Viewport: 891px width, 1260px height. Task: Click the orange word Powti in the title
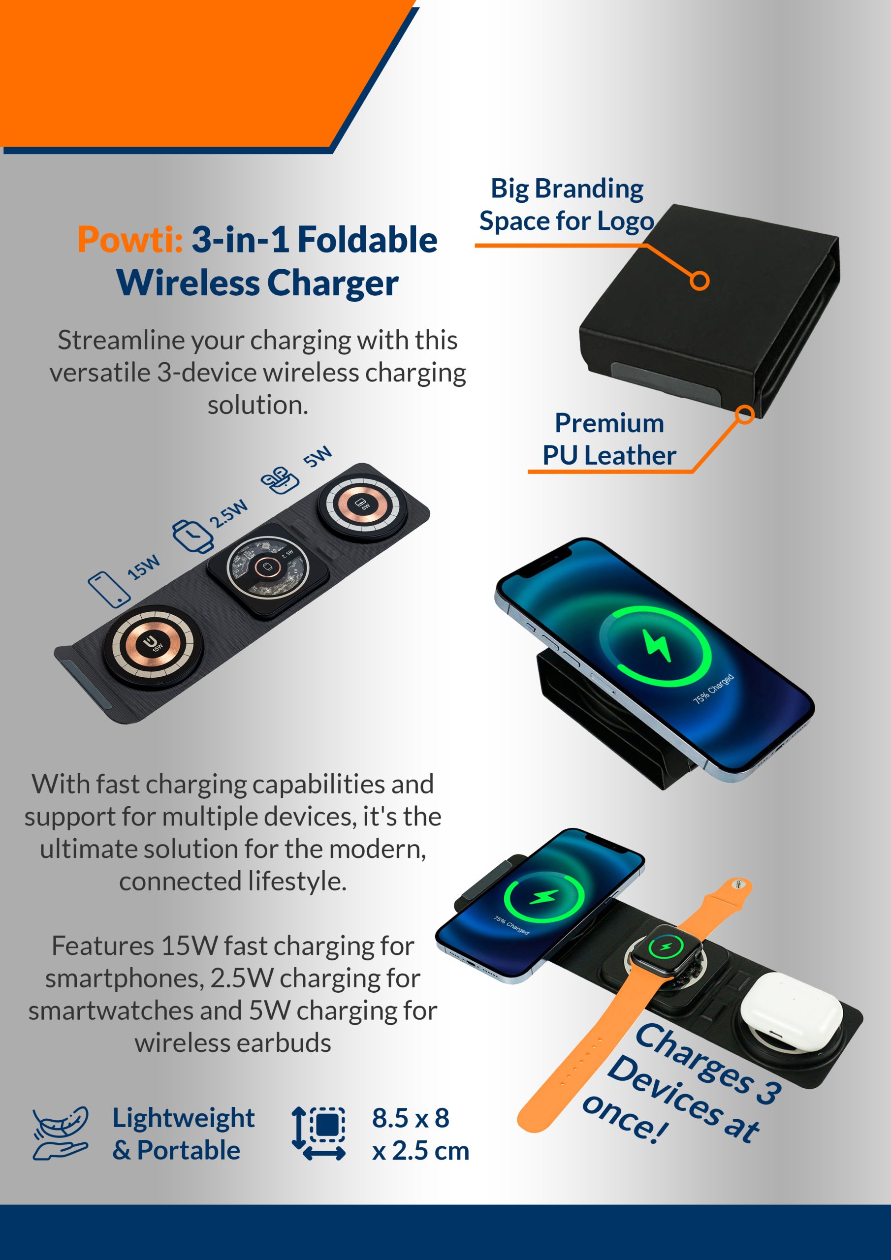pos(129,240)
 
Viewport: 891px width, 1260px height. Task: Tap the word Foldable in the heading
pos(367,240)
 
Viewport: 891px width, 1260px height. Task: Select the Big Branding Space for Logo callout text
pos(567,205)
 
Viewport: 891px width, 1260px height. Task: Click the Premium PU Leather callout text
pos(609,439)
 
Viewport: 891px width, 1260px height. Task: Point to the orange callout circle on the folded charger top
pos(700,281)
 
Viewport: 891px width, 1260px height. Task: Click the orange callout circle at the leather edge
pos(744,414)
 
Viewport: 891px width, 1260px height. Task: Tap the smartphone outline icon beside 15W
pos(109,589)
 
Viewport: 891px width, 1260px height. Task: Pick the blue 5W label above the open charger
pos(318,457)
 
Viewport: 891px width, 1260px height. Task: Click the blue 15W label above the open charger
pos(144,567)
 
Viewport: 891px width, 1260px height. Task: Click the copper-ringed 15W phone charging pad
pos(154,646)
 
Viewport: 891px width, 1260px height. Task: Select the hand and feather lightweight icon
pos(61,1133)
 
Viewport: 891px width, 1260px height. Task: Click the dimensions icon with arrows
pos(319,1133)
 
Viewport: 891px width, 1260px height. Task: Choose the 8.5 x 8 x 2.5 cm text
pos(420,1134)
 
